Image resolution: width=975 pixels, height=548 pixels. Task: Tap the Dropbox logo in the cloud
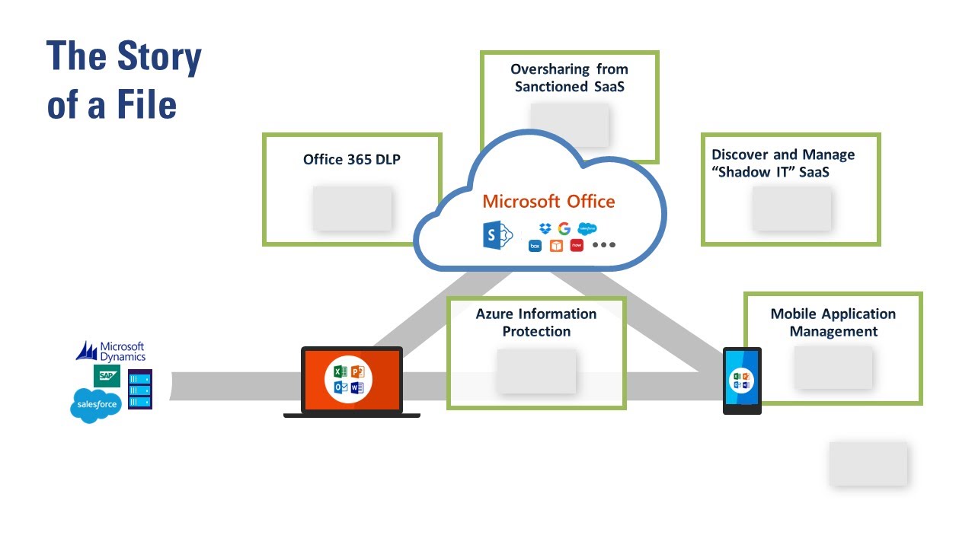coord(545,228)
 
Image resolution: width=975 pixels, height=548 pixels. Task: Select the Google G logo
coord(564,228)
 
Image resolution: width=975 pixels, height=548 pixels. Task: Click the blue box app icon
coord(535,246)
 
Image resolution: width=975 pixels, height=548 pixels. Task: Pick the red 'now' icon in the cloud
coord(577,245)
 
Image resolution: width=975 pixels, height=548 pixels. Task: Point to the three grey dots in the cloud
coord(603,245)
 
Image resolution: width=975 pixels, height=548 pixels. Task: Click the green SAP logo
coord(107,375)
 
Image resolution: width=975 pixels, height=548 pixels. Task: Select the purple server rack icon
coord(140,389)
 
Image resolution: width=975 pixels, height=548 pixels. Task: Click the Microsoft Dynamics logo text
coord(122,351)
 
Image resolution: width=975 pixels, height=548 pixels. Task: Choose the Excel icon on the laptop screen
coord(340,372)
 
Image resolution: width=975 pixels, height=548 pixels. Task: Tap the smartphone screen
coord(741,378)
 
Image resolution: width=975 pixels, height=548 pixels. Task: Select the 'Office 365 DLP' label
coord(352,160)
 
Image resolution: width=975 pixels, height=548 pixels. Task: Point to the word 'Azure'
coord(494,314)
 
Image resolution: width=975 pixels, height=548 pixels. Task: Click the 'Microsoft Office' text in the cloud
coord(548,202)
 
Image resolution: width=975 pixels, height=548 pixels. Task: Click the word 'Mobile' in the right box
coord(797,314)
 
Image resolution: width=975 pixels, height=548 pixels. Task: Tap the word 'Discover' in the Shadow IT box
coord(740,155)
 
